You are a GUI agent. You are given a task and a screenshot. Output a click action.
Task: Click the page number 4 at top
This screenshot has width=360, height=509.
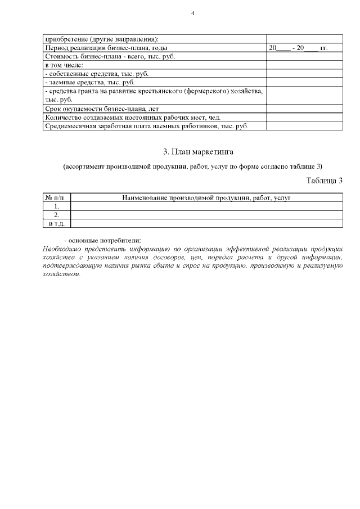[x=192, y=13]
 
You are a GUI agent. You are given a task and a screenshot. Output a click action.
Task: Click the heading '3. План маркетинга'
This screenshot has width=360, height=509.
[x=192, y=152]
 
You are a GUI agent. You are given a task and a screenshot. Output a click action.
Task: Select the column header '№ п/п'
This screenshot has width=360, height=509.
[x=57, y=197]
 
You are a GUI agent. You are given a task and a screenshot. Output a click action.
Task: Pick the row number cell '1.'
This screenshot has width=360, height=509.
[x=57, y=206]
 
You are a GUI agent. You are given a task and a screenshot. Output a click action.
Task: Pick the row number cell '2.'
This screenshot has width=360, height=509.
[x=57, y=214]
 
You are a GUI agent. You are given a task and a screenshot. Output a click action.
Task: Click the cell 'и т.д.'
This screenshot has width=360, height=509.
[x=57, y=223]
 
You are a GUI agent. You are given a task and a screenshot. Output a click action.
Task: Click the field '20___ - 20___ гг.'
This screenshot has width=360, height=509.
[x=298, y=48]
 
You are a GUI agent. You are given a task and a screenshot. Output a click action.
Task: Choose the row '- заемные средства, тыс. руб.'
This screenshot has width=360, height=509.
[x=83, y=82]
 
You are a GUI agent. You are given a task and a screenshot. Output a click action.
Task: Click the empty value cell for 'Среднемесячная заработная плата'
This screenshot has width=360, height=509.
[x=304, y=126]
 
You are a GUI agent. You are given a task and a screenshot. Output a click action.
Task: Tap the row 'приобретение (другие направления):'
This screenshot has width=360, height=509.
[x=101, y=39]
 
